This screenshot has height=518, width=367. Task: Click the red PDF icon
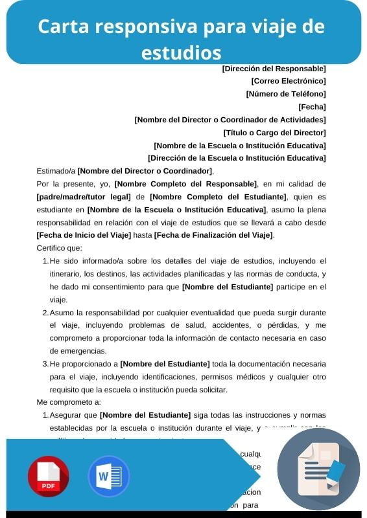48,476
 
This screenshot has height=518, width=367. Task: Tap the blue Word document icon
108,476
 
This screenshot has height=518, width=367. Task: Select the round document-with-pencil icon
318,469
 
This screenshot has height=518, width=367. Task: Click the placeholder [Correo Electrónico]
288,81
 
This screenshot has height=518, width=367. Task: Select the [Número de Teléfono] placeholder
286,94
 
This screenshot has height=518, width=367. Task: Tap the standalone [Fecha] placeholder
312,107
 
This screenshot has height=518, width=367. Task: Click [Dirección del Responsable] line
274,68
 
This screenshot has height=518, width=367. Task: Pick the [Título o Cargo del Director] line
270,132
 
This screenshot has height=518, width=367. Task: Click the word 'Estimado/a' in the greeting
56,171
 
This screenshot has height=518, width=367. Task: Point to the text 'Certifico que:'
59,248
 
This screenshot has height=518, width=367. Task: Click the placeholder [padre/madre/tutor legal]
84,196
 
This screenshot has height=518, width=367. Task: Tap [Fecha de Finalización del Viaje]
213,235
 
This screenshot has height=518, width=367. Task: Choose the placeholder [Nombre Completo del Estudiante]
218,196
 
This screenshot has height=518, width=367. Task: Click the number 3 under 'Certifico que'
45,364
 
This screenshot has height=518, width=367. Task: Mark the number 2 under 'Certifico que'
45,313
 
